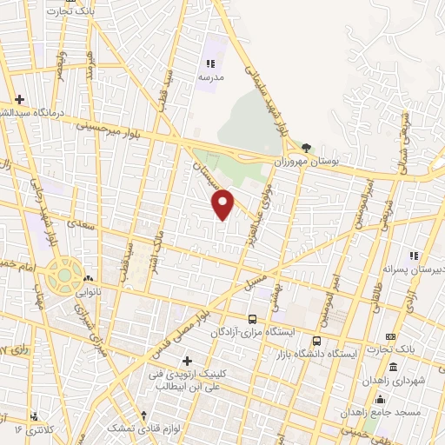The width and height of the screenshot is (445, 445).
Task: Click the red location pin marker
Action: (223, 203)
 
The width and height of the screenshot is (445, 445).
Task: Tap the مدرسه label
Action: (209, 77)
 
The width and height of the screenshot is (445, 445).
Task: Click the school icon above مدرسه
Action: (209, 63)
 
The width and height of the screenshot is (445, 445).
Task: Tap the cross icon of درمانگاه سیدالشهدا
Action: (20, 100)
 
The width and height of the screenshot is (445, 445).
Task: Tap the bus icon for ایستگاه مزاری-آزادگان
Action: (252, 319)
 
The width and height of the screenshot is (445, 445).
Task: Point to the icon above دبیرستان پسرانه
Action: (415, 256)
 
